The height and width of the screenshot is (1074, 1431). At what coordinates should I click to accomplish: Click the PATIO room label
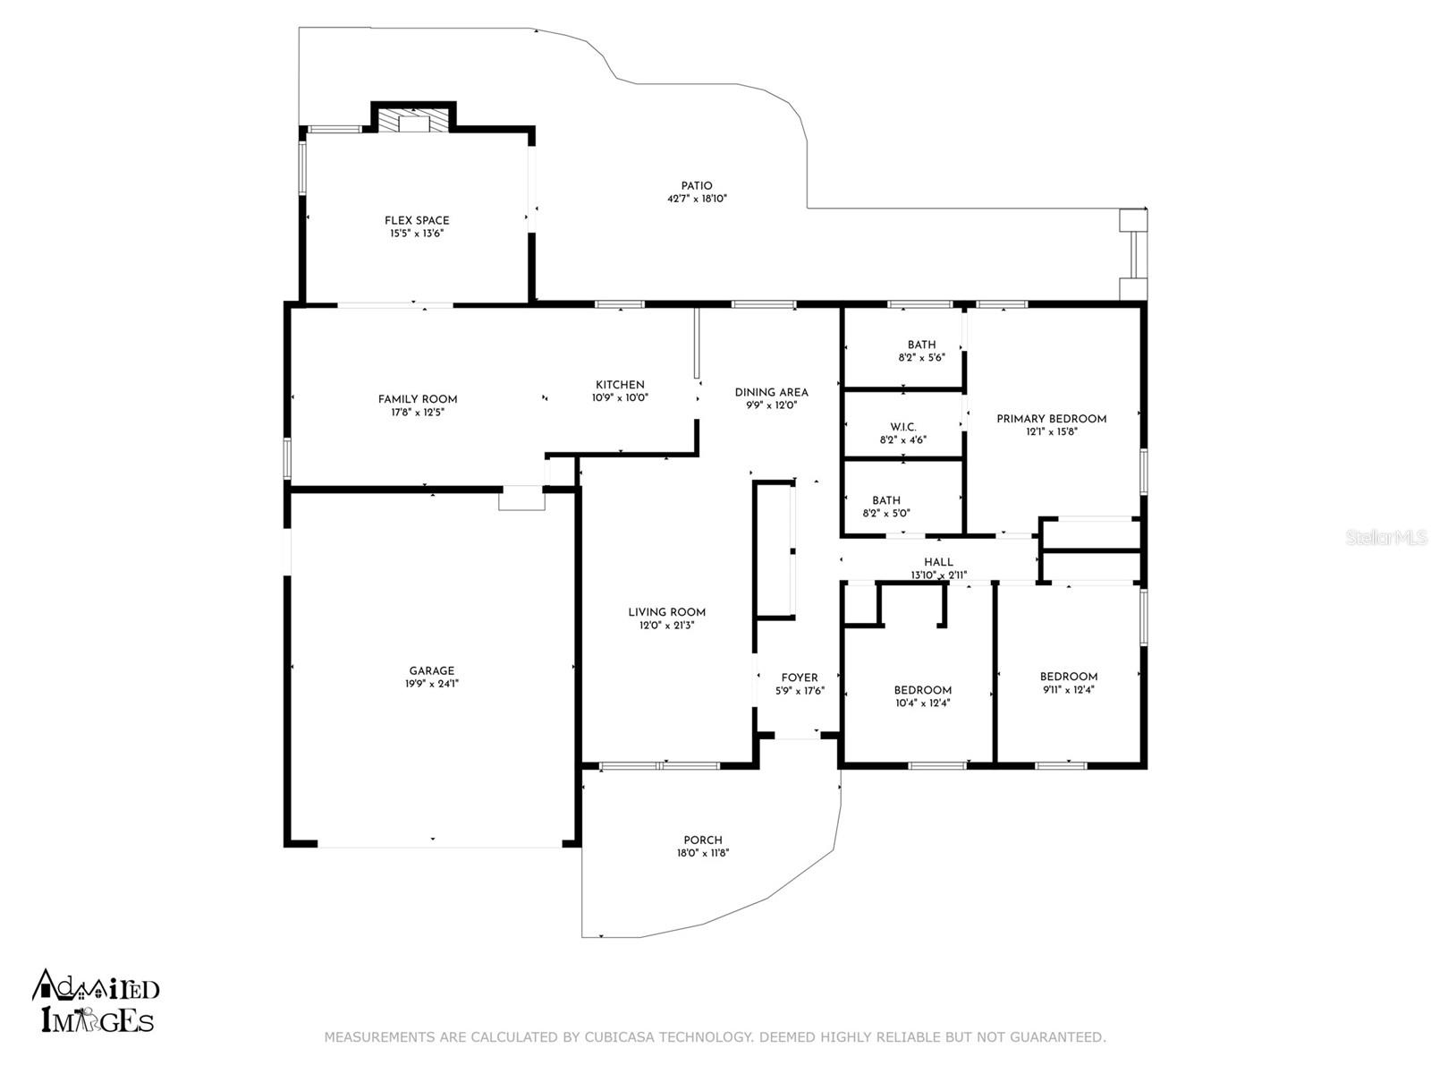click(696, 186)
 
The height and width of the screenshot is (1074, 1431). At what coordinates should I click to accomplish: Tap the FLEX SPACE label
click(417, 220)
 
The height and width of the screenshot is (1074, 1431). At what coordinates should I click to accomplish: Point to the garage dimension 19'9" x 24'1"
click(432, 684)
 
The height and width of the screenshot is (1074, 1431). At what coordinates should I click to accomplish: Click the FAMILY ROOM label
click(418, 399)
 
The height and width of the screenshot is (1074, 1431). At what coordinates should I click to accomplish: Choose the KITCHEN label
click(620, 385)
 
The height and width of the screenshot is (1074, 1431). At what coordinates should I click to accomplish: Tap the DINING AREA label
click(771, 393)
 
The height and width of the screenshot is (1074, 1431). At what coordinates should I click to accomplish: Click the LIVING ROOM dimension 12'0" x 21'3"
click(666, 626)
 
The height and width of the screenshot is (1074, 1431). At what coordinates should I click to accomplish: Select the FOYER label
click(800, 678)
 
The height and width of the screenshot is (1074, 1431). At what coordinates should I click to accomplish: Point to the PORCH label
click(703, 840)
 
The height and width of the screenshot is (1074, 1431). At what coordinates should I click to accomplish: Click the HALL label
click(938, 562)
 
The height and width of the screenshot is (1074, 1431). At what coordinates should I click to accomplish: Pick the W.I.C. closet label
click(903, 427)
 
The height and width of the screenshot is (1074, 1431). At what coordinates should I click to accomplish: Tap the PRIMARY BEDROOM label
click(1051, 419)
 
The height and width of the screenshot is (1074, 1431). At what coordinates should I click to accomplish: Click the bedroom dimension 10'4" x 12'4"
click(922, 703)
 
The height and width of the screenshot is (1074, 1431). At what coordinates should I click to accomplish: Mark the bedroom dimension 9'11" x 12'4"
click(1068, 689)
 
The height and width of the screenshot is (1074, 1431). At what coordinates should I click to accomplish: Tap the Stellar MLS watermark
click(1385, 538)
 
